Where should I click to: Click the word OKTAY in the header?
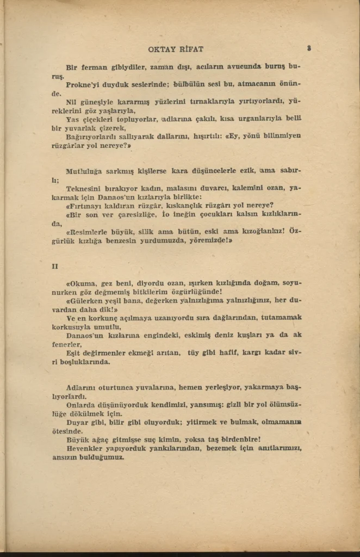tap(162, 49)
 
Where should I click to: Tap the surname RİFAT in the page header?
tap(191, 49)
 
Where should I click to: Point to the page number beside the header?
tap(308, 48)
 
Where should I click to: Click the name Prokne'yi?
tap(84, 85)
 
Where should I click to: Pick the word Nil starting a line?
tap(71, 102)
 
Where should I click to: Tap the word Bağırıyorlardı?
tap(93, 136)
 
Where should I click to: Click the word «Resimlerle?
tap(89, 231)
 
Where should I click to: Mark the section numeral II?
tap(55, 266)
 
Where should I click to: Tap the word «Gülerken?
tap(86, 301)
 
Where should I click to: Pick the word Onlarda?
tap(82, 405)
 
